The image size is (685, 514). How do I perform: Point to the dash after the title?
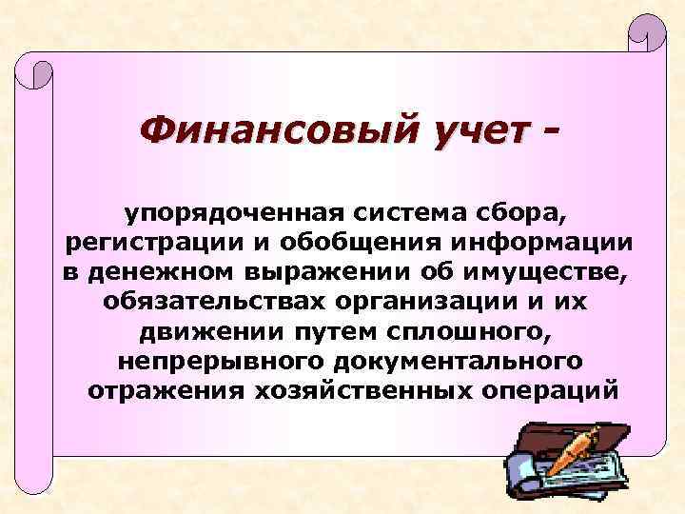click(x=546, y=126)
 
